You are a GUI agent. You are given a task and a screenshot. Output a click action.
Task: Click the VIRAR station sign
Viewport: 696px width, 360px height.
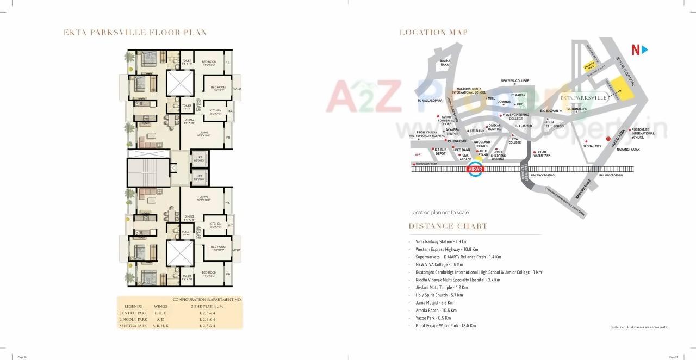tap(476, 169)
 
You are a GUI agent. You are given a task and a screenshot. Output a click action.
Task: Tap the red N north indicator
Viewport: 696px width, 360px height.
tap(635, 50)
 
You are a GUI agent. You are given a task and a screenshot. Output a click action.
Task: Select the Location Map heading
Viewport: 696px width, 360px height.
tap(433, 33)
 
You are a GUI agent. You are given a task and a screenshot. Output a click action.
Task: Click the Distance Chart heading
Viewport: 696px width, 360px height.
tap(448, 226)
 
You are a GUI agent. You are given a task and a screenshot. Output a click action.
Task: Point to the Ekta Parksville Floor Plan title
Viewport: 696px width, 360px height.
tap(135, 33)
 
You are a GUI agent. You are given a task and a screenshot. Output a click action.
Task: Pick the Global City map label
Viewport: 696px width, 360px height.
tap(592, 146)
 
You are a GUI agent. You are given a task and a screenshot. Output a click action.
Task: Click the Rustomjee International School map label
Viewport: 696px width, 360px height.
tap(643, 133)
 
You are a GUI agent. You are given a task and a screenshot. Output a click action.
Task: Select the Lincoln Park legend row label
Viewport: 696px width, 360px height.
tap(133, 319)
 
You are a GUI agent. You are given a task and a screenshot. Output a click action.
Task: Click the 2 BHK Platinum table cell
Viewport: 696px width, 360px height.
tap(207, 306)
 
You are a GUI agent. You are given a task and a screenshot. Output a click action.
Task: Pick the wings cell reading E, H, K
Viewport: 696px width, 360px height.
tap(160, 313)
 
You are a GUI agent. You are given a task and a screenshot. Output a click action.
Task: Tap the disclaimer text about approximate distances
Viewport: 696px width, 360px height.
tap(638, 327)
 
